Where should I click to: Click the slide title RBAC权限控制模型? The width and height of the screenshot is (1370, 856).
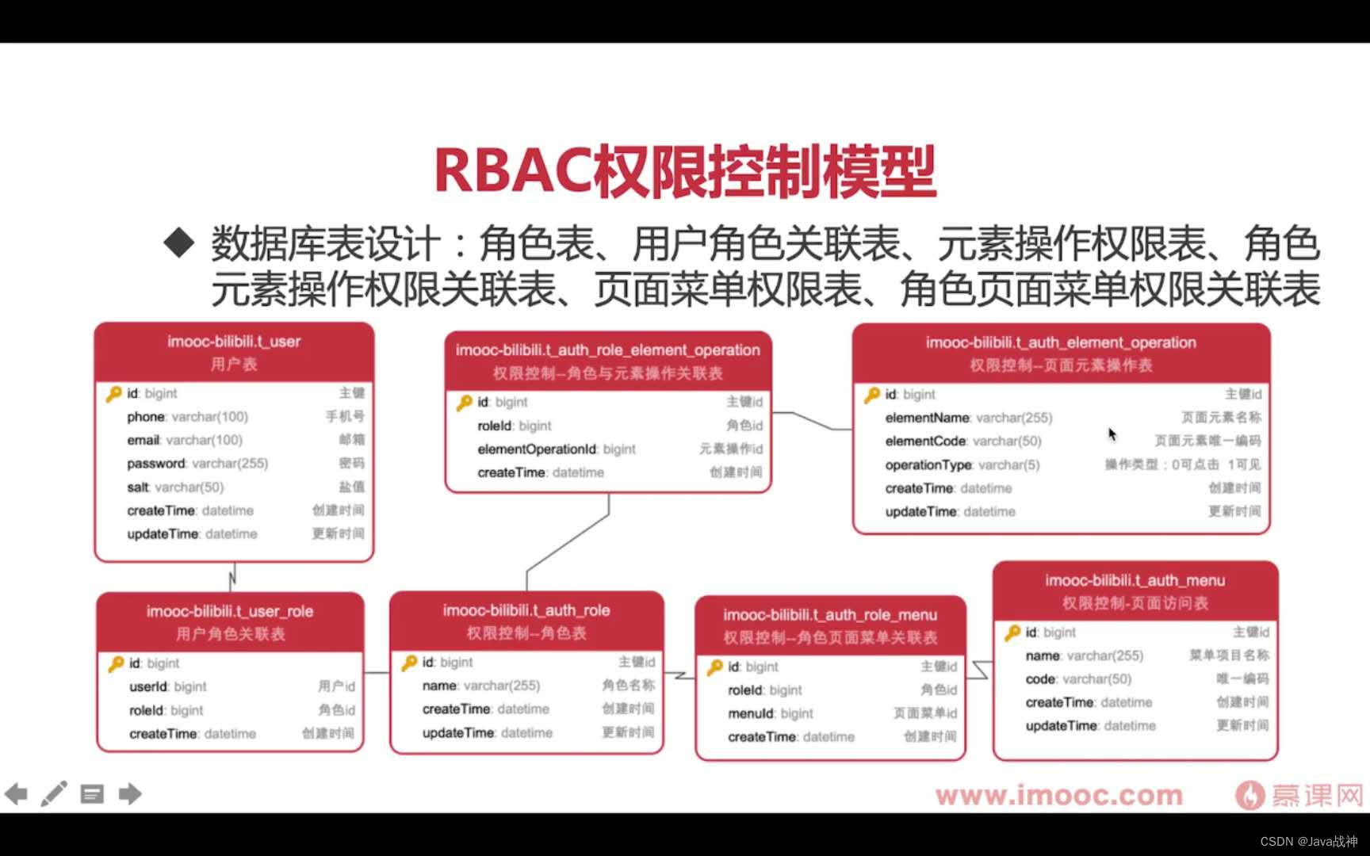pos(685,170)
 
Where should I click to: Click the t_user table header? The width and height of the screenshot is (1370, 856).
pos(234,352)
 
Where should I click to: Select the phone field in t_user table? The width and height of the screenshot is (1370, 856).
pos(147,417)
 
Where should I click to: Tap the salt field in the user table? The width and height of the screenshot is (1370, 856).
pos(138,487)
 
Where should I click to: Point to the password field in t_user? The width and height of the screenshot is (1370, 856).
pos(156,464)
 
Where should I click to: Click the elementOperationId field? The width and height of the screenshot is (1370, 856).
pos(537,449)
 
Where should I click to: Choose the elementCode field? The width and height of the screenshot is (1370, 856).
pos(925,441)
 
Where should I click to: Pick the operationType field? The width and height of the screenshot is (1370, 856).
pos(928,465)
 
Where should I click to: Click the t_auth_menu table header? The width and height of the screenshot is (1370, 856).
pos(1135,591)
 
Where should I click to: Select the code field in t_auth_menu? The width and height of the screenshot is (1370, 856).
pos(1040,679)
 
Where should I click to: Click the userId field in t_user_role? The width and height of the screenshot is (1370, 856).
pos(148,687)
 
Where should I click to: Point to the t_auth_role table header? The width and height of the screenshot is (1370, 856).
pos(526,621)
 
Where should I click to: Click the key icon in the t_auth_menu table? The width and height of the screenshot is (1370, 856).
pos(1012,632)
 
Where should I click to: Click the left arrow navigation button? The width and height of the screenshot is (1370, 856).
pos(16,793)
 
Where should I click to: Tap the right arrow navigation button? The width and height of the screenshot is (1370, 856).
pos(130,793)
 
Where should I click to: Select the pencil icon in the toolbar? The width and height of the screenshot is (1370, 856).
pos(54,793)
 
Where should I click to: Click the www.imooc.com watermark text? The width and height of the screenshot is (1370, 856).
pos(1058,795)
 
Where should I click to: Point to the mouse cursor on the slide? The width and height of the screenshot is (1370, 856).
pos(1112,434)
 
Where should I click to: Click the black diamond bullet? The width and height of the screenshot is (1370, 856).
pos(179,243)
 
